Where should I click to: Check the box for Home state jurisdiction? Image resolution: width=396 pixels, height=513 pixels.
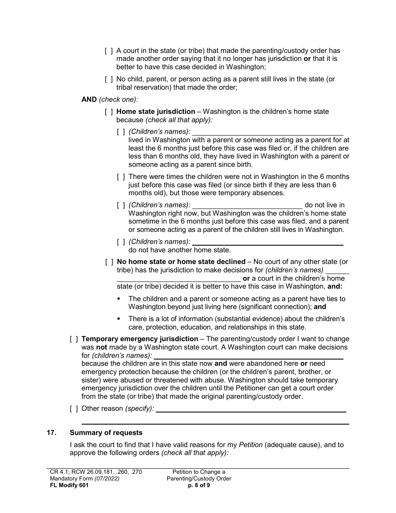coord(109,112)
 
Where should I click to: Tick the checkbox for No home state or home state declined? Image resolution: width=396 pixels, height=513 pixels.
coord(109,262)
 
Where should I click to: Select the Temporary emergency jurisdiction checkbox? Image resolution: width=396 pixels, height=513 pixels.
coord(74,339)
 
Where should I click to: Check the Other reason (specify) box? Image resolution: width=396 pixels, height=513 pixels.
coord(74,409)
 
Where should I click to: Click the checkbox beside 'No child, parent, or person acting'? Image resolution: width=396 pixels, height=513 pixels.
coord(109,79)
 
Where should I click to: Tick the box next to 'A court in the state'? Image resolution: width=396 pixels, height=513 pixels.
coord(109,51)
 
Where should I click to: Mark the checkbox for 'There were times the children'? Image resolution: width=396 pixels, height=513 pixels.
coord(121,177)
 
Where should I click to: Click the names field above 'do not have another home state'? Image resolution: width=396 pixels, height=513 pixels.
coord(268,242)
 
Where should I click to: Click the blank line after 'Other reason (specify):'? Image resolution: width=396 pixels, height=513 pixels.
coord(251,409)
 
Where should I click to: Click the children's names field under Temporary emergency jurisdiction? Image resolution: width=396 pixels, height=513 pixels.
coord(248,356)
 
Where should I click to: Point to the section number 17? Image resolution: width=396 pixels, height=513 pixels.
coord(51,433)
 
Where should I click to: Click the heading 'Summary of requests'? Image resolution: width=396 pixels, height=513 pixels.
coord(106,433)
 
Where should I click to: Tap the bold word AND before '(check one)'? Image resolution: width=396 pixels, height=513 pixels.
coord(89,100)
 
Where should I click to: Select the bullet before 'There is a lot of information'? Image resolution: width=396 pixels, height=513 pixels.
coord(119,319)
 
